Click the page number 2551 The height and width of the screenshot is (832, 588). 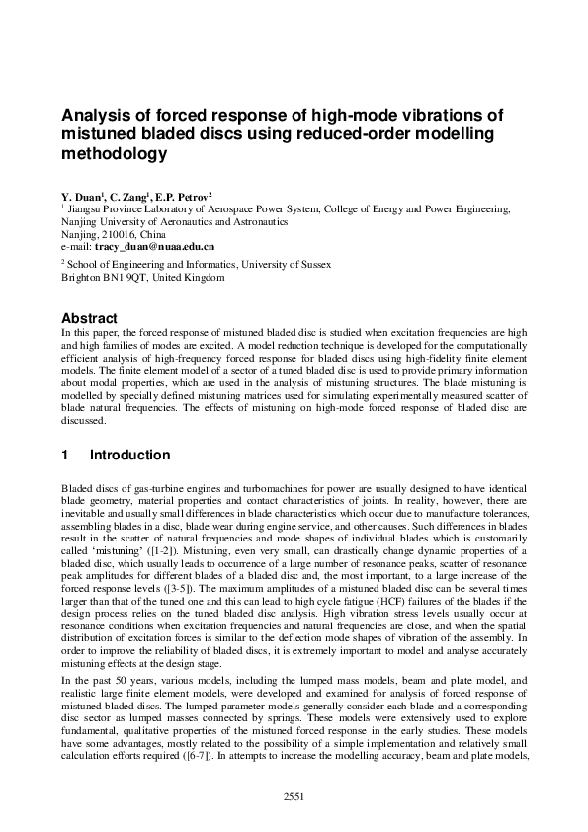294,796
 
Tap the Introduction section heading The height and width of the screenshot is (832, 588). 129,456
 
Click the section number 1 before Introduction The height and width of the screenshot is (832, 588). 65,456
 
